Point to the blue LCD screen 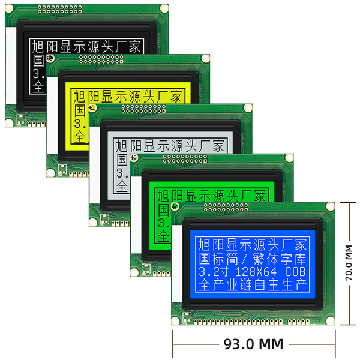coord(252,264)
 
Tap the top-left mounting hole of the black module coord(10,10)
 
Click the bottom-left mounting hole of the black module coord(9,122)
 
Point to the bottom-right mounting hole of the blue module coord(329,319)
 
